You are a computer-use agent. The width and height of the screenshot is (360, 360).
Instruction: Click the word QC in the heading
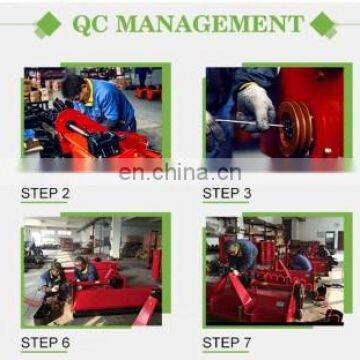(92, 23)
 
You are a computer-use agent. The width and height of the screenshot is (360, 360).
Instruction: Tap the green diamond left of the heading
(46, 24)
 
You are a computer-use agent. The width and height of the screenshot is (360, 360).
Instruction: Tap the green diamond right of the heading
(322, 24)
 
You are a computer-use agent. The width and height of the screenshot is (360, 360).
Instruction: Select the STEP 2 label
(45, 193)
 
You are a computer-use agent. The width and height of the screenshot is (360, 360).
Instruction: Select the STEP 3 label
(227, 193)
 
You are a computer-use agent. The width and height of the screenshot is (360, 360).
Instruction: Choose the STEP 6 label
(45, 343)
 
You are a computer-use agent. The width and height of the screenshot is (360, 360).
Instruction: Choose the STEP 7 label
(227, 343)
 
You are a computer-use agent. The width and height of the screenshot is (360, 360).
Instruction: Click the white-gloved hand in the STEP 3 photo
(254, 107)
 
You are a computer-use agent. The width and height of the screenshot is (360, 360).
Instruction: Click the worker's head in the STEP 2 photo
(74, 87)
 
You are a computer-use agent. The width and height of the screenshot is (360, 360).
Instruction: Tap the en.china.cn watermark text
(180, 171)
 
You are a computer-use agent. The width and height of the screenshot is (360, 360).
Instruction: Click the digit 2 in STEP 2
(65, 193)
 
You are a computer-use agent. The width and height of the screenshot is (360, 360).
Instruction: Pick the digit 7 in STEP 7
(247, 343)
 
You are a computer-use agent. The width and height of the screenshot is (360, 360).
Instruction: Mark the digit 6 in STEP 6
(65, 343)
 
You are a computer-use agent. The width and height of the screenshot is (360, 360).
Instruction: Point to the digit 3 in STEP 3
(247, 193)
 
